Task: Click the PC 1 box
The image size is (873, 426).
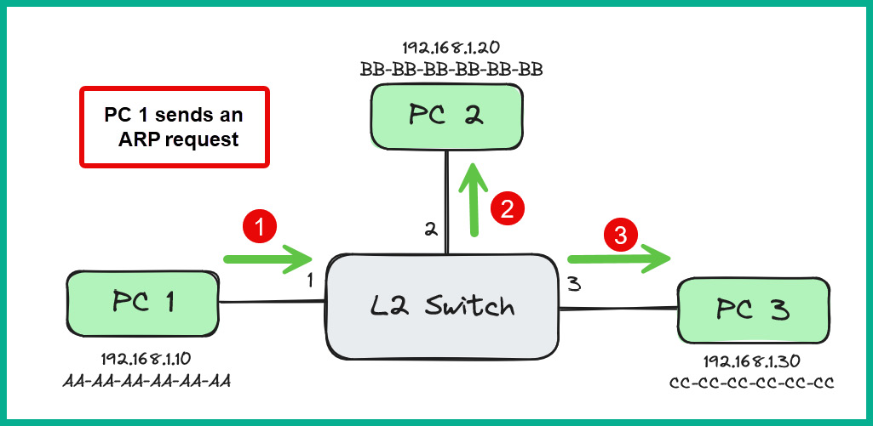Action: pyautogui.click(x=142, y=304)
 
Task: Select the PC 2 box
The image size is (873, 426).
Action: pyautogui.click(x=445, y=116)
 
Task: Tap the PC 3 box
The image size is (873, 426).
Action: pyautogui.click(x=752, y=310)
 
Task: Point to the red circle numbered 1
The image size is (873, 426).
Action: pyautogui.click(x=261, y=227)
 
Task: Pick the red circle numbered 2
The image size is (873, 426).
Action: pyautogui.click(x=507, y=208)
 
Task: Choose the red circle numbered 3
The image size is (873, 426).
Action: pyautogui.click(x=620, y=236)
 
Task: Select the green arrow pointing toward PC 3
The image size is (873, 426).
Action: pyautogui.click(x=618, y=258)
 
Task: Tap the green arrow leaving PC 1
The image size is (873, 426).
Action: pyautogui.click(x=268, y=255)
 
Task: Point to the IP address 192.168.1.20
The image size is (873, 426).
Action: pyautogui.click(x=451, y=48)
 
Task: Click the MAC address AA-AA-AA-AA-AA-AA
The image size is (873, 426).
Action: pyautogui.click(x=146, y=380)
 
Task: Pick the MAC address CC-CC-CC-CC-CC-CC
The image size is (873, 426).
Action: pyautogui.click(x=751, y=383)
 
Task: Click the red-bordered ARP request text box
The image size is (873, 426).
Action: pyautogui.click(x=174, y=127)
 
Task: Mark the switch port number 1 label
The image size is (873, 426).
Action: pyautogui.click(x=312, y=279)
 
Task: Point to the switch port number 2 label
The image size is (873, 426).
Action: pyautogui.click(x=431, y=229)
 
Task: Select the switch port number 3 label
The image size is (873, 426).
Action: pyautogui.click(x=574, y=285)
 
